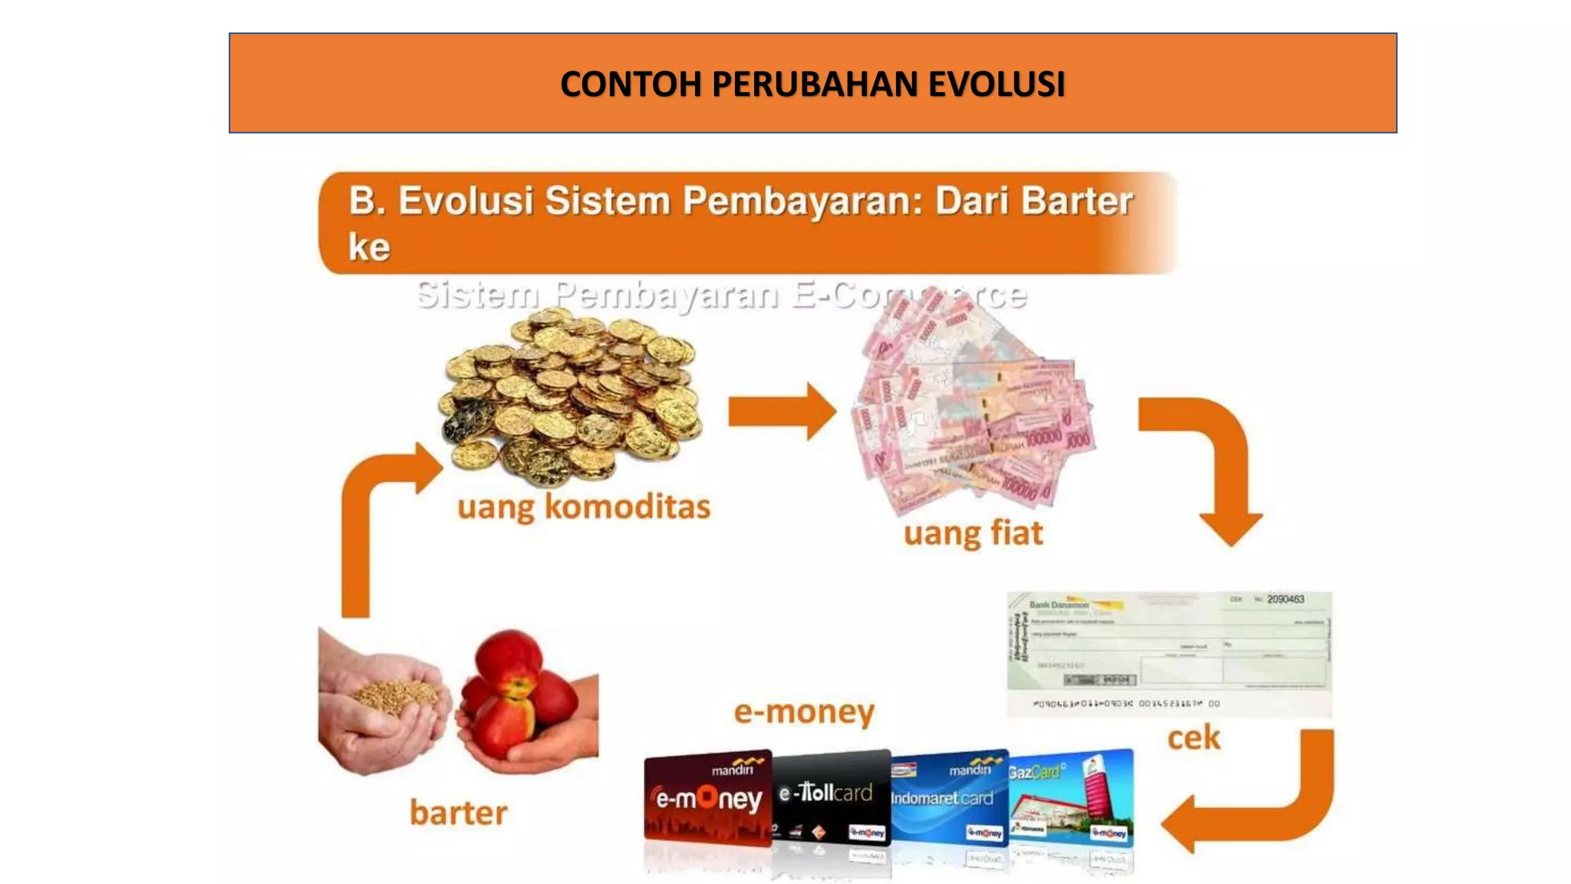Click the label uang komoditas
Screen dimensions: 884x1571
(x=584, y=507)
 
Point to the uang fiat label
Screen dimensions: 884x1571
(x=973, y=533)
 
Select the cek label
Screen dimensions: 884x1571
(x=1193, y=738)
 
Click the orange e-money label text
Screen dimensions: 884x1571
(x=803, y=712)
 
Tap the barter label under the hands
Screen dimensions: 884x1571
(x=458, y=813)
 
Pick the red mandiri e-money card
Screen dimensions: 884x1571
(x=707, y=799)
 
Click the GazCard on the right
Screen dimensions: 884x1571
(x=1072, y=798)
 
